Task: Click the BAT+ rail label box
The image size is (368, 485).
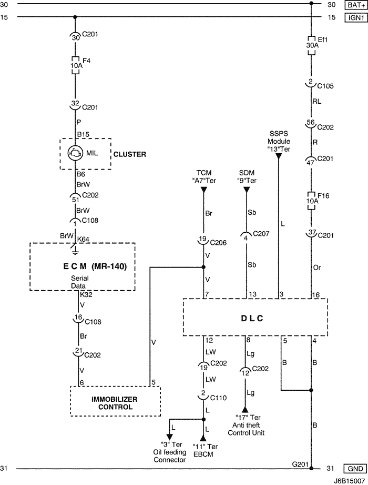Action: [353, 5]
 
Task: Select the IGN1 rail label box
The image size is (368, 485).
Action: [353, 17]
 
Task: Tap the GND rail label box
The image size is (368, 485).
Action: [353, 469]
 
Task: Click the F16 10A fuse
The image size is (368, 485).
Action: [312, 201]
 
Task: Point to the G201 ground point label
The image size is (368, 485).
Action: [300, 464]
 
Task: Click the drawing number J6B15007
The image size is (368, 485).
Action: [349, 480]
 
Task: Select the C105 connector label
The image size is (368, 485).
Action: [325, 85]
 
